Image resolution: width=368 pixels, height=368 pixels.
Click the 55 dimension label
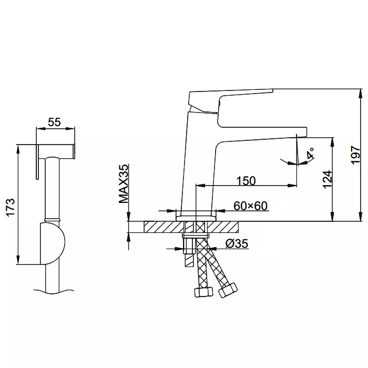(54, 122)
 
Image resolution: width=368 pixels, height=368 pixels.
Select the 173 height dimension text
(11, 207)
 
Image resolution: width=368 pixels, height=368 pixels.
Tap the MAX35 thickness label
(124, 183)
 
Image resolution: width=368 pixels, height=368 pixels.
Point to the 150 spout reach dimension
(246, 181)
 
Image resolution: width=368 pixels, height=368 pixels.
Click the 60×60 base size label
(250, 206)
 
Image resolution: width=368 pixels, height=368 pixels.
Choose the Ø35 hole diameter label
(237, 243)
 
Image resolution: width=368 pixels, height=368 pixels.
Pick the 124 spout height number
(328, 180)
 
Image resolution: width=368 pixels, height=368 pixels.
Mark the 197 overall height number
(355, 155)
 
